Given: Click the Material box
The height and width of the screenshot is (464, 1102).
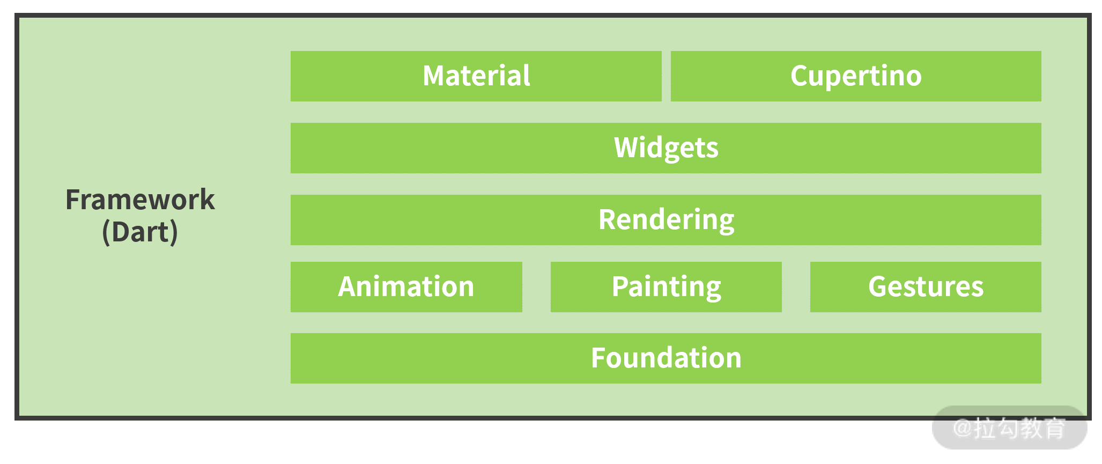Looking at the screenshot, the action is click(476, 76).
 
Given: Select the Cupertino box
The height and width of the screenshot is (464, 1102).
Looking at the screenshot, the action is click(855, 76).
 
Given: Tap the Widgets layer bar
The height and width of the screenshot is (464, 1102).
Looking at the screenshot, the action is click(665, 148).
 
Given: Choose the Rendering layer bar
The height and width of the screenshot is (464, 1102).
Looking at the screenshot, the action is click(665, 220).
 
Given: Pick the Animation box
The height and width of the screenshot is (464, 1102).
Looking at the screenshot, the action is click(406, 287).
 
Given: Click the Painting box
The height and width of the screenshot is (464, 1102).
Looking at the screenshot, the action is click(665, 287).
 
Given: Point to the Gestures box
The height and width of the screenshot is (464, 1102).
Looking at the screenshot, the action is click(925, 287).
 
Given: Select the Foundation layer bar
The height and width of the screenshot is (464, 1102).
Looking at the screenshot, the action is click(665, 358).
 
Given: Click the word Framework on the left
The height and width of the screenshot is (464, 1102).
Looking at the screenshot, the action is click(140, 200).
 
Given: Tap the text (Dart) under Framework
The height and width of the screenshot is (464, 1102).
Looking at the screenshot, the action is click(140, 232).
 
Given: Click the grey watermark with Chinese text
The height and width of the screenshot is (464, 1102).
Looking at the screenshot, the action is click(1009, 428).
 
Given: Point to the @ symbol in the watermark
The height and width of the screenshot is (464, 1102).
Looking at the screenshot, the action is click(962, 428).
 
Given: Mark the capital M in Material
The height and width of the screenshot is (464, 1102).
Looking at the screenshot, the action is click(435, 76).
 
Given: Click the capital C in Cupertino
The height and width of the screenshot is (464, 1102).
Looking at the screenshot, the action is click(800, 76).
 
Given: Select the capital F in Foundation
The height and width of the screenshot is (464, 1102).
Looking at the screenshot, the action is click(598, 358).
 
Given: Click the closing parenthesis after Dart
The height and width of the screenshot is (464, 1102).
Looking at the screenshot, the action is click(174, 232).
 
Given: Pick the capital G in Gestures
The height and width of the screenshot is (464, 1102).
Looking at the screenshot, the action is click(878, 286).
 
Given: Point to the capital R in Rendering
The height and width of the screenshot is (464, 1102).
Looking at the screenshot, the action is click(608, 219).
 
